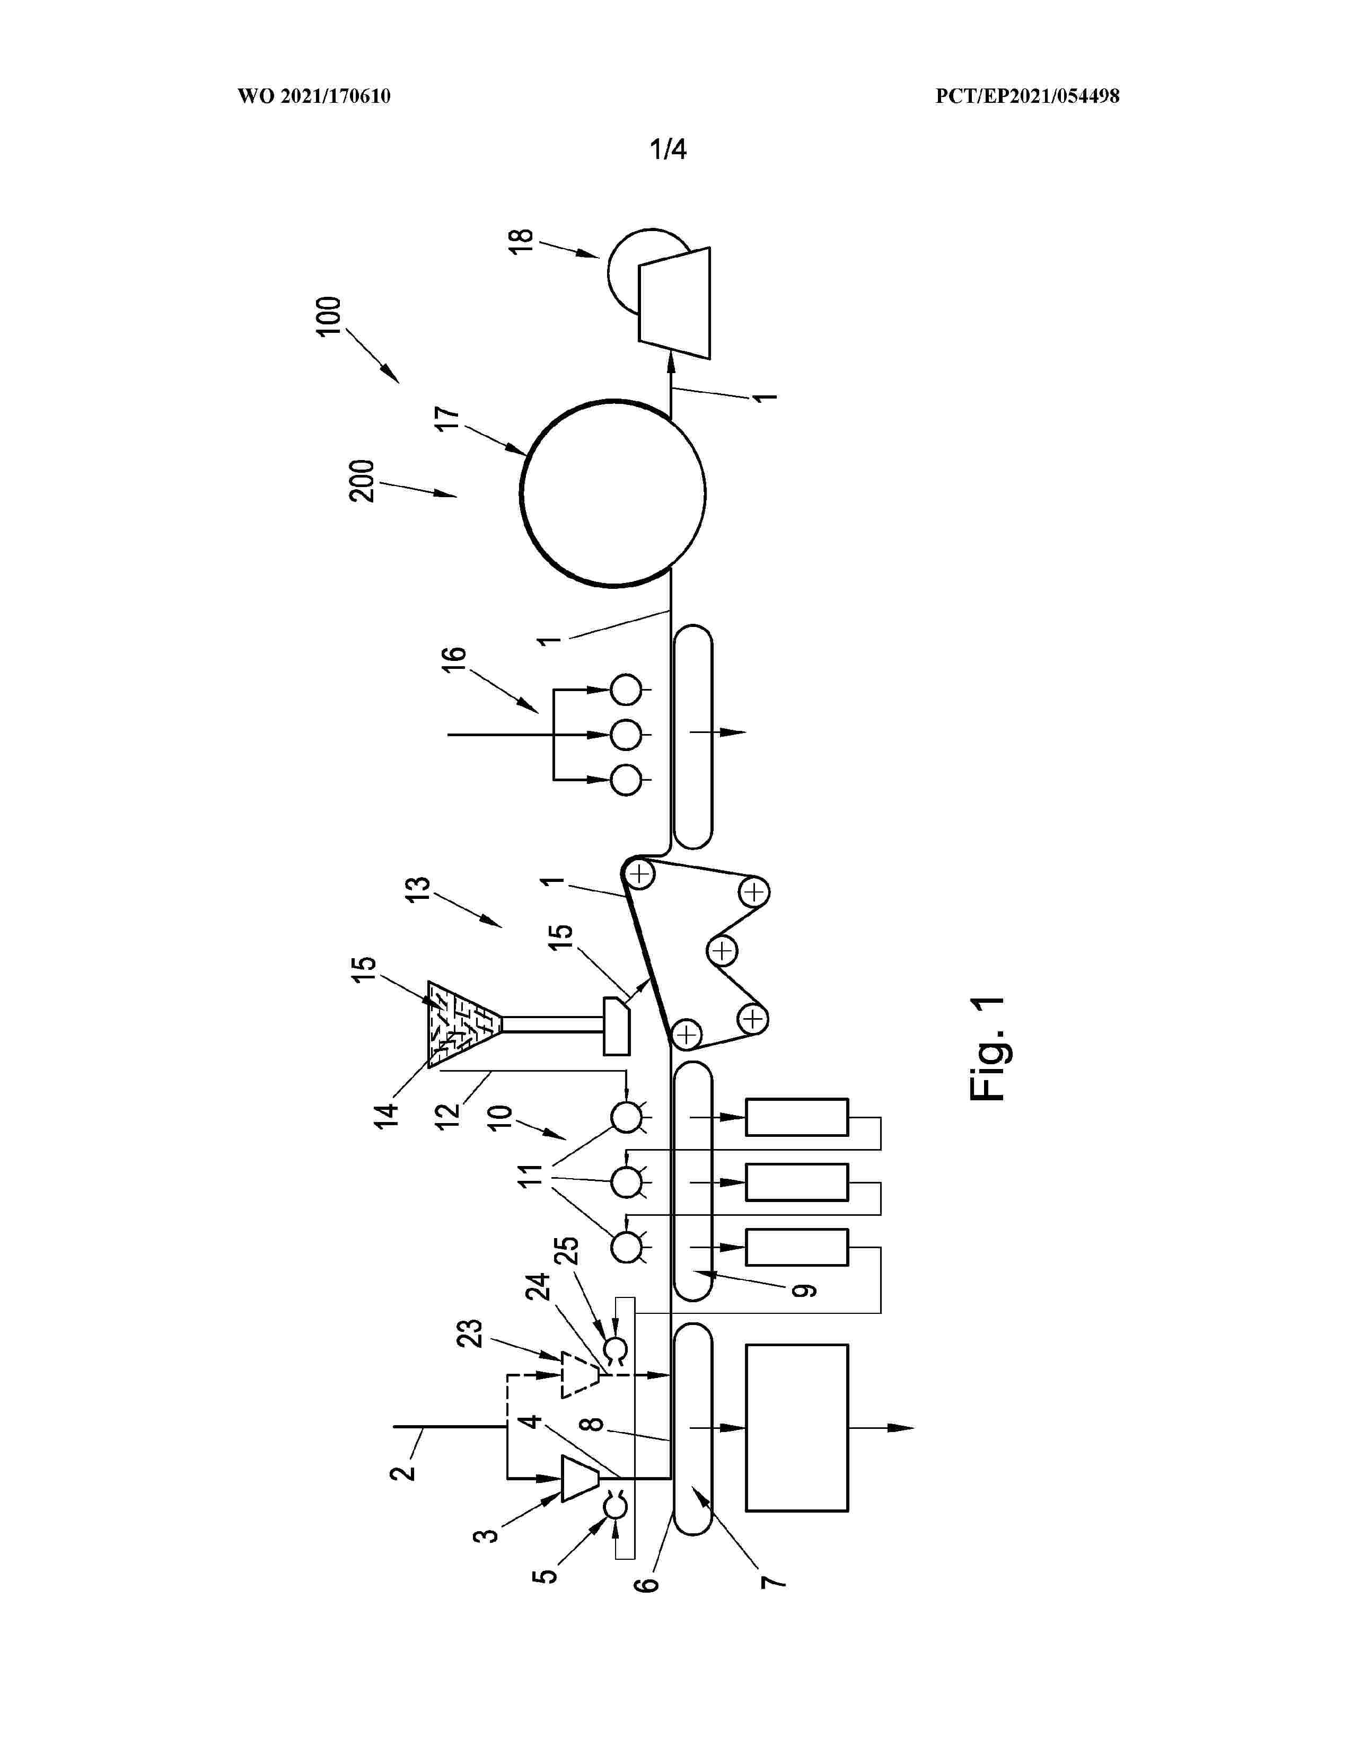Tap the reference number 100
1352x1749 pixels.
(x=329, y=316)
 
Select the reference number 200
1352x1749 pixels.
(x=362, y=481)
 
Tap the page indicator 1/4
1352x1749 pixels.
(x=668, y=149)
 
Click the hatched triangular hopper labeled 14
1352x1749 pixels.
(x=464, y=1024)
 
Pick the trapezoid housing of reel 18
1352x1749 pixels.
(x=673, y=303)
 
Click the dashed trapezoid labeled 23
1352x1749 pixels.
(x=580, y=1375)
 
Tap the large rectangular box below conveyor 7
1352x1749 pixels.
(x=797, y=1428)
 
